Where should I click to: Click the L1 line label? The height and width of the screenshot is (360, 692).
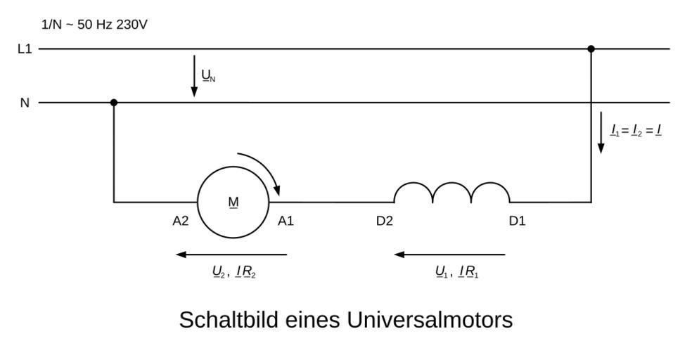(x=25, y=49)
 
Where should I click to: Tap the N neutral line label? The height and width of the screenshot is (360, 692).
(x=25, y=103)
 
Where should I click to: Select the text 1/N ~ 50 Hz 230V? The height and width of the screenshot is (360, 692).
(x=94, y=25)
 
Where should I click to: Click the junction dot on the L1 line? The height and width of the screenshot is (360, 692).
(x=591, y=49)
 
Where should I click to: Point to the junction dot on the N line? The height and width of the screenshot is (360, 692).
(x=114, y=103)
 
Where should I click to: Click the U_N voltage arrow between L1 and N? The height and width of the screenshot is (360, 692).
(x=194, y=75)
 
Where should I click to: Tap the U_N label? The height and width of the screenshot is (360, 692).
(x=208, y=76)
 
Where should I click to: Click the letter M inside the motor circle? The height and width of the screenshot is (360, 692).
(x=233, y=202)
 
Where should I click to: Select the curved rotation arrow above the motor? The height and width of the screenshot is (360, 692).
(x=264, y=169)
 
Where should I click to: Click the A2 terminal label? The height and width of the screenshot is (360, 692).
(x=181, y=221)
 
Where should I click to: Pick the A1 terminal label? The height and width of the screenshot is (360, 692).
(x=286, y=221)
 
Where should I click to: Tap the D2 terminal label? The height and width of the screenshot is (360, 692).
(x=384, y=221)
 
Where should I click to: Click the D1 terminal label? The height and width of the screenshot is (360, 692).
(x=517, y=221)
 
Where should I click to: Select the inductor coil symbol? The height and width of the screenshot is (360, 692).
(x=451, y=193)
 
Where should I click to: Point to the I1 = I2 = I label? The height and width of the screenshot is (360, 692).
(x=636, y=130)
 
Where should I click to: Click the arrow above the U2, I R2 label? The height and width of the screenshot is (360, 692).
(x=232, y=255)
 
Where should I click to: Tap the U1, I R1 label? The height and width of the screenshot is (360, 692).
(x=457, y=272)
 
